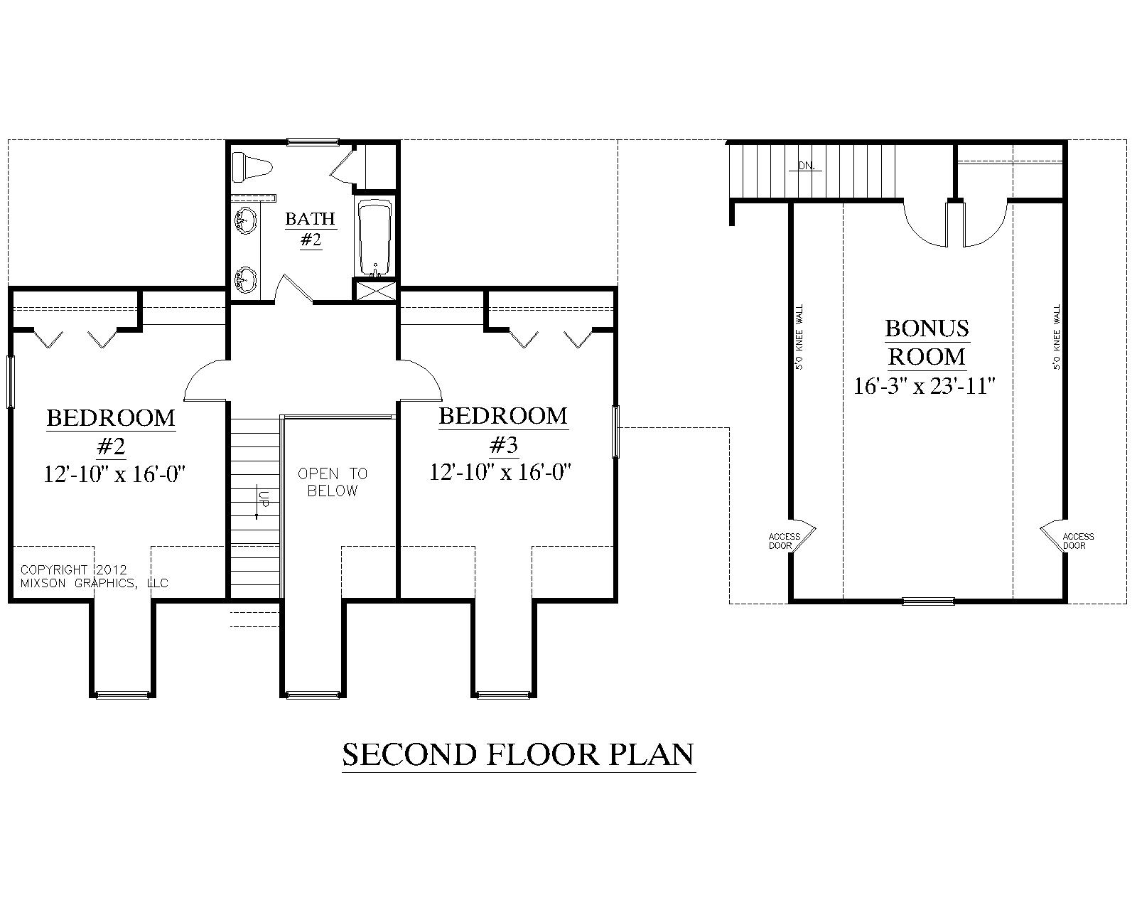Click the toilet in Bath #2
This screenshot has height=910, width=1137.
click(x=253, y=166)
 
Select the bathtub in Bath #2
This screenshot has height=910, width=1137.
click(x=374, y=238)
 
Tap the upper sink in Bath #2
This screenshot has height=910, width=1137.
click(x=245, y=219)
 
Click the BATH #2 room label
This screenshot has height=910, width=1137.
click(x=311, y=228)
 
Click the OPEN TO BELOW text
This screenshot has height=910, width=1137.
click(x=333, y=482)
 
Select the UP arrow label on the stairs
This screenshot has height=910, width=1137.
click(x=261, y=498)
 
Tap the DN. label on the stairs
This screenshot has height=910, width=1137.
click(x=806, y=166)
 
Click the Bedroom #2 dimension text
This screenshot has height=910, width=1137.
click(x=115, y=473)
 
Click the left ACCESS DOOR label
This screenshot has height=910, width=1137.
click(x=785, y=541)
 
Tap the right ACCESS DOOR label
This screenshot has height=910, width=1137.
click(x=1078, y=541)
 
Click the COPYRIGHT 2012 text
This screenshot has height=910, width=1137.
click(x=73, y=569)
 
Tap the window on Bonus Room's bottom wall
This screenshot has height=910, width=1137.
click(x=928, y=601)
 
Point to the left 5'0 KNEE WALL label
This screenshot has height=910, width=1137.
click(x=800, y=338)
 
